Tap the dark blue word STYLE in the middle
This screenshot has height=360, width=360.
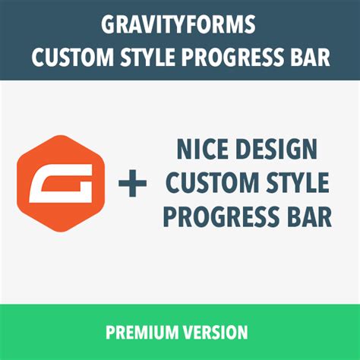click(x=292, y=183)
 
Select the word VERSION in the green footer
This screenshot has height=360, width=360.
click(x=213, y=333)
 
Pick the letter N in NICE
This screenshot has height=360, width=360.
click(x=185, y=149)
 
